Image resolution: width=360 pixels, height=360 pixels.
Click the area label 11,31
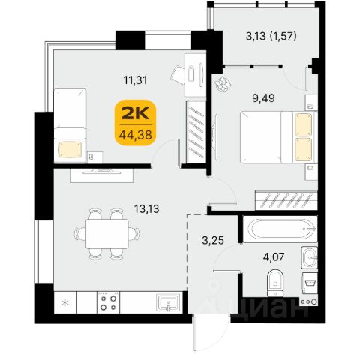[136, 80]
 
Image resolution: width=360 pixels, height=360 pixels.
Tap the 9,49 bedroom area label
[263, 98]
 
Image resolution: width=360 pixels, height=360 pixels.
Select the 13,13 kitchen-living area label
[147, 208]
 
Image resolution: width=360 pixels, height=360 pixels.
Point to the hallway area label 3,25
[213, 241]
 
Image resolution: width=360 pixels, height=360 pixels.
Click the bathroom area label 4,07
[274, 256]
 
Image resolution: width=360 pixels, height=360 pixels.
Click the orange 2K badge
[135, 122]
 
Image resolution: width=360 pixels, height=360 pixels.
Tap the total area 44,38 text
[135, 135]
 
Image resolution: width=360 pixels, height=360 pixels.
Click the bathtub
[280, 229]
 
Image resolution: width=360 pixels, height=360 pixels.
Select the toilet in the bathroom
[275, 283]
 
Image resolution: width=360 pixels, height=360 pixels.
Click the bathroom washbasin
[310, 257]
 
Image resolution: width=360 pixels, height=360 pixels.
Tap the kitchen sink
[168, 302]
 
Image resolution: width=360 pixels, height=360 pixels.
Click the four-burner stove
[108, 302]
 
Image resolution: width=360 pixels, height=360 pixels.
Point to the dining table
[107, 234]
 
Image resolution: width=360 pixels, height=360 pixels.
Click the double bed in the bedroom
[279, 137]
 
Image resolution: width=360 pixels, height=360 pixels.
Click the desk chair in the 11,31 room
[178, 74]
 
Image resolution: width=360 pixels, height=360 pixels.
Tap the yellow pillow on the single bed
[70, 149]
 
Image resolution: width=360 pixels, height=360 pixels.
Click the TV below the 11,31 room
[101, 171]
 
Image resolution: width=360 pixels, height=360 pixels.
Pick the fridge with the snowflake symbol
[65, 302]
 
